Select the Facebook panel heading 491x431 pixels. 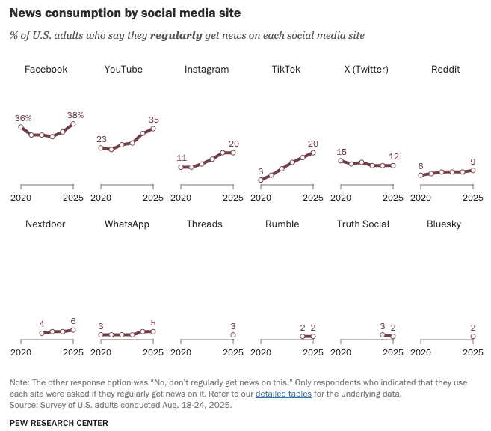click(x=46, y=70)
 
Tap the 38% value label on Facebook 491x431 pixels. click(x=75, y=115)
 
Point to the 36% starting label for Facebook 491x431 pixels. click(x=22, y=118)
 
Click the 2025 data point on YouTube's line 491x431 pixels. click(x=153, y=129)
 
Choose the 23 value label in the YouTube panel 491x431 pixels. click(x=102, y=139)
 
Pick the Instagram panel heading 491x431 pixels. click(x=206, y=70)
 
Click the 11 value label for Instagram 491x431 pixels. click(x=182, y=158)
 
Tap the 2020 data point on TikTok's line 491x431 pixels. click(x=261, y=180)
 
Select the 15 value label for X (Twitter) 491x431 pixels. click(x=342, y=152)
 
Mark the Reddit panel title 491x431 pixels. click(x=445, y=70)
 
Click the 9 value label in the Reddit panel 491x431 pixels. click(x=473, y=162)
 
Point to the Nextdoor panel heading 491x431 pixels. click(x=46, y=224)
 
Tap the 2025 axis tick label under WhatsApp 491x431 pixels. click(x=153, y=352)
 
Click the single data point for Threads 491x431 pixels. click(x=233, y=335)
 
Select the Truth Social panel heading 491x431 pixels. click(x=362, y=224)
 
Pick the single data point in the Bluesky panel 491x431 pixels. click(x=473, y=337)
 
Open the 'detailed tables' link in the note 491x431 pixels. click(x=280, y=394)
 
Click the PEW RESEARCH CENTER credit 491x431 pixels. click(x=58, y=423)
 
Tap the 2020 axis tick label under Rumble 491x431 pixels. click(x=261, y=352)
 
